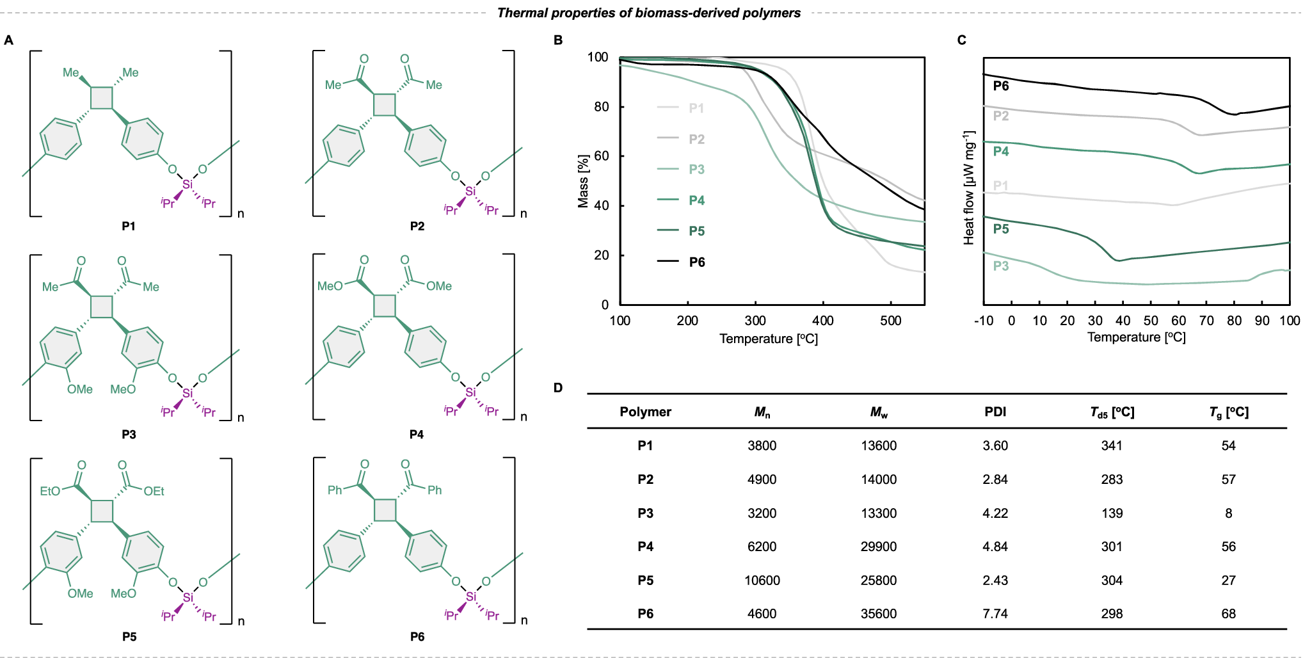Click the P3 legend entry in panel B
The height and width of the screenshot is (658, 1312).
click(696, 170)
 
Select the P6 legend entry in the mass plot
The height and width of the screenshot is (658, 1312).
click(696, 262)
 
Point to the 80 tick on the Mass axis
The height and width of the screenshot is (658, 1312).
click(602, 106)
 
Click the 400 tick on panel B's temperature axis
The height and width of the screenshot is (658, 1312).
click(822, 320)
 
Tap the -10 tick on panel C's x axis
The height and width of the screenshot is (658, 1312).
click(984, 320)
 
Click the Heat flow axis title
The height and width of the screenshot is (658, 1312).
click(969, 188)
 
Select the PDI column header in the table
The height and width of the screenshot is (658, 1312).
click(995, 412)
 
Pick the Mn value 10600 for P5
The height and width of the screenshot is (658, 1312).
click(762, 581)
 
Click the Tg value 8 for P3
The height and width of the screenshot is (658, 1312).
click(1228, 513)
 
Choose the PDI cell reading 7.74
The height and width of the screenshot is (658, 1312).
click(995, 614)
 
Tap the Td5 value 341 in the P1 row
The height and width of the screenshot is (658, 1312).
click(1112, 446)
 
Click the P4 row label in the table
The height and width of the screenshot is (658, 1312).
click(645, 547)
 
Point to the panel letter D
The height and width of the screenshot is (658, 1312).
click(558, 388)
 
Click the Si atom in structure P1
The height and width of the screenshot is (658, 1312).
click(187, 184)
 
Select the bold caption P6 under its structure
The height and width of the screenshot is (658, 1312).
click(417, 636)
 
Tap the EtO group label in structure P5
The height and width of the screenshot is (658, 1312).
click(50, 491)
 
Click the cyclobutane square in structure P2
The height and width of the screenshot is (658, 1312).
click(385, 105)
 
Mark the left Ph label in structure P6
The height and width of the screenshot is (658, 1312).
click(335, 490)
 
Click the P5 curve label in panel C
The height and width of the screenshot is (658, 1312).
click(1001, 229)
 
